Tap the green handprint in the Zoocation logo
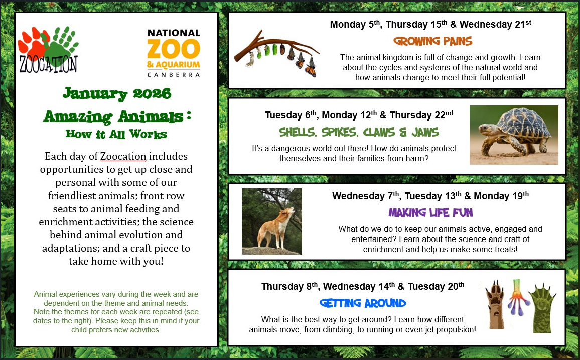click(62, 44)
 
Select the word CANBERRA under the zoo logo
click(174, 75)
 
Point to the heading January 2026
click(117, 93)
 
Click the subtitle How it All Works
click(116, 134)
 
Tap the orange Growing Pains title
click(433, 41)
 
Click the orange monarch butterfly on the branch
click(311, 68)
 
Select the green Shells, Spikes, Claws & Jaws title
click(359, 132)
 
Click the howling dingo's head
click(289, 212)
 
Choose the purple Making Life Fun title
click(430, 212)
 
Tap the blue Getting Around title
click(362, 303)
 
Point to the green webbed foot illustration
click(542, 308)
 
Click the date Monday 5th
click(355, 24)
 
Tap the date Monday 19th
click(501, 196)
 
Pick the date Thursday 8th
click(289, 286)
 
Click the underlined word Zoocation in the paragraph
click(123, 156)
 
